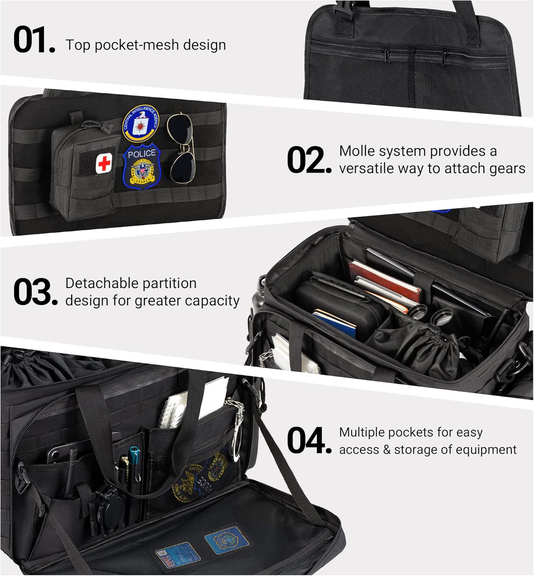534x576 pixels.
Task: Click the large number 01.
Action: click(x=34, y=40)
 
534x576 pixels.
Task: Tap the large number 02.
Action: click(x=309, y=160)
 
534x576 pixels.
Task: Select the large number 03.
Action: click(x=35, y=292)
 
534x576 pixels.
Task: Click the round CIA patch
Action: click(x=140, y=123)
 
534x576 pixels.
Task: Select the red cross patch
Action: click(x=104, y=163)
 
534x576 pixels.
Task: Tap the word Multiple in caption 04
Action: click(x=362, y=432)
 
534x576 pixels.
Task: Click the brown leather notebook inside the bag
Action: click(x=384, y=280)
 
